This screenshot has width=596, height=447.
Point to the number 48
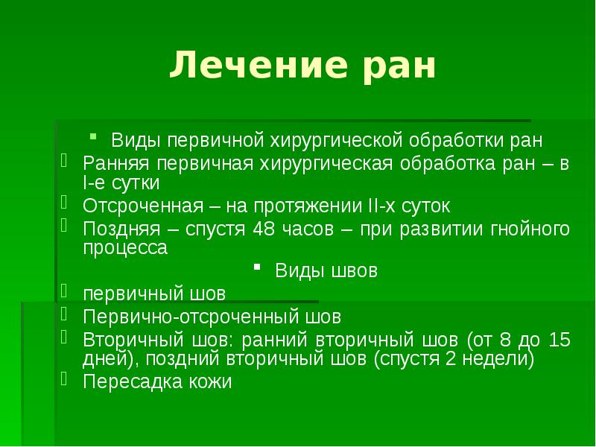[265, 229]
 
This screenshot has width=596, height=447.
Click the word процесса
[124, 248]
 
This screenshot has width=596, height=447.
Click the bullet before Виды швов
[256, 265]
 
